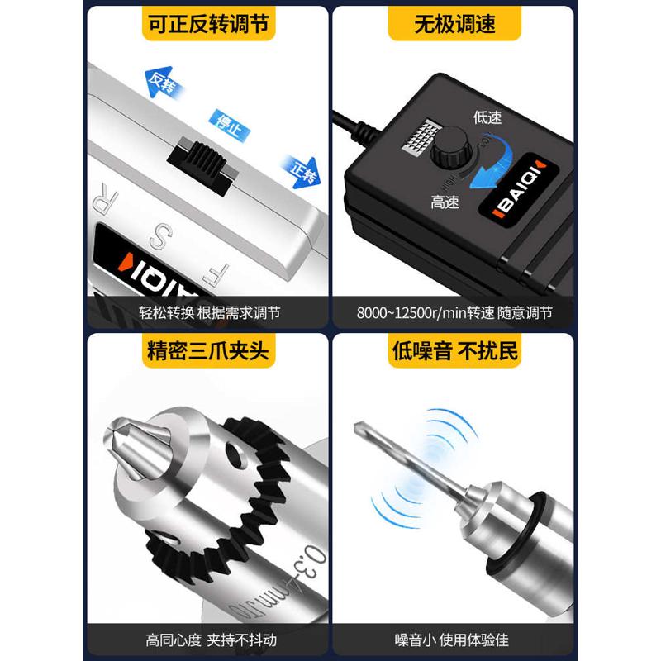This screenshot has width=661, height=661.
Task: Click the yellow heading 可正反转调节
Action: click(x=208, y=25)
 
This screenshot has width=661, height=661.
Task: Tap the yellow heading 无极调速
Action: click(x=454, y=25)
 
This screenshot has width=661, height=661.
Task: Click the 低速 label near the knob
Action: click(x=487, y=117)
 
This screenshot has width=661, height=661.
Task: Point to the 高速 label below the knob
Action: click(x=445, y=201)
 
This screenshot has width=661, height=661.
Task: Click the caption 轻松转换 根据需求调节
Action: click(x=209, y=314)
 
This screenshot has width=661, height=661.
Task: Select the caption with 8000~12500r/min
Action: click(x=454, y=314)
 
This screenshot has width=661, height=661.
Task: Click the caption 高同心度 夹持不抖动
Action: click(x=209, y=640)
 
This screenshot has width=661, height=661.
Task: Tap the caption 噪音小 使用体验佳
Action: click(x=454, y=640)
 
